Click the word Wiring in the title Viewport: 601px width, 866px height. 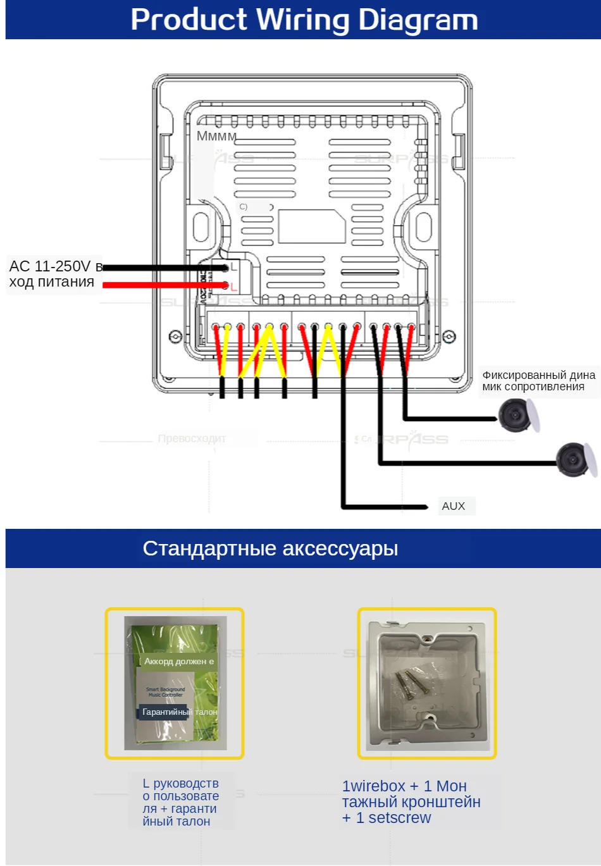pos(302,20)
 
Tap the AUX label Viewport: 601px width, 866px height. pos(454,506)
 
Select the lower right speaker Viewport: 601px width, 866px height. pos(574,459)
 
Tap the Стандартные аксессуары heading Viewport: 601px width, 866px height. pos(270,548)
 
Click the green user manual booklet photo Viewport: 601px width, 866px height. pos(175,683)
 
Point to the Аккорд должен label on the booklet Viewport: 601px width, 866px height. pos(179,661)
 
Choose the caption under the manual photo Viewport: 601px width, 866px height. pos(181,802)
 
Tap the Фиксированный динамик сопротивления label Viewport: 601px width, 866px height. pos(538,381)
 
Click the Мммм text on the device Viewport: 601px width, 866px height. pos(216,136)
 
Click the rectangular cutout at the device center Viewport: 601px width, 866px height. pos(311,226)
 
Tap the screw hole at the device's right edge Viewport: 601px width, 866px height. pos(449,336)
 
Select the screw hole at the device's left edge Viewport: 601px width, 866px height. pos(175,336)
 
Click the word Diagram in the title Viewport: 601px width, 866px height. pos(418,20)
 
